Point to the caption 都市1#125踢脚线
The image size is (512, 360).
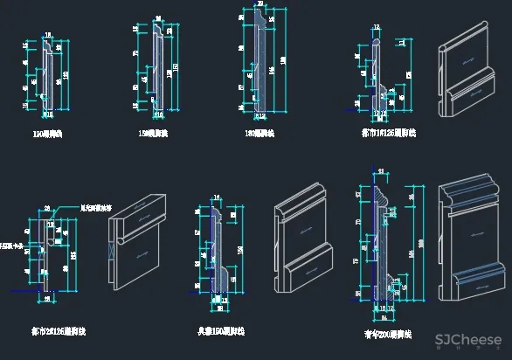point(389,134)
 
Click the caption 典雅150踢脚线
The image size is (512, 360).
point(220,331)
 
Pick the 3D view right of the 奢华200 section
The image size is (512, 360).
point(470,241)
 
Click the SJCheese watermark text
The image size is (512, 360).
point(468,341)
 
